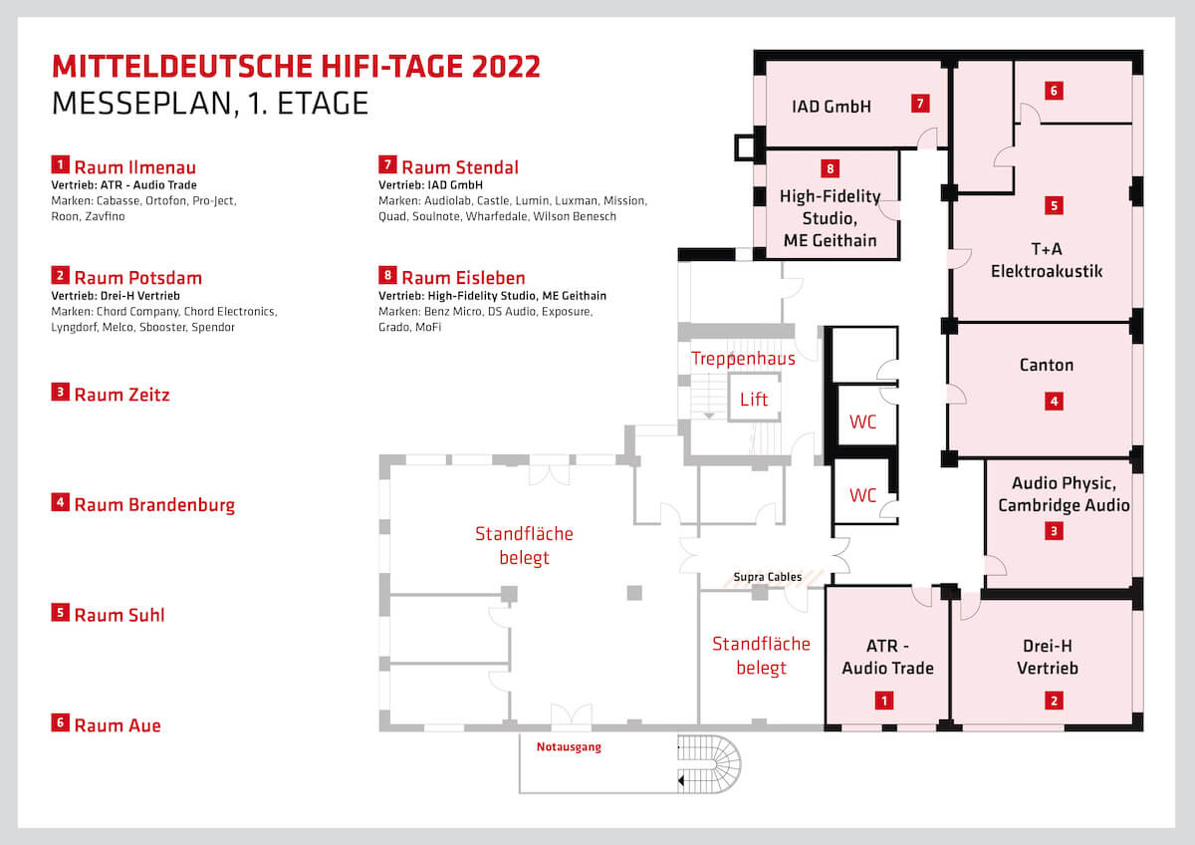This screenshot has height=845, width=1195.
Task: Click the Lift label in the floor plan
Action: pos(753,399)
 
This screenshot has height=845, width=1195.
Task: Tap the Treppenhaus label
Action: pos(743,359)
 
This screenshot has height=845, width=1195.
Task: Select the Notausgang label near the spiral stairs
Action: pos(569,746)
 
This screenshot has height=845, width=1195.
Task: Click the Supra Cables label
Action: pos(767,577)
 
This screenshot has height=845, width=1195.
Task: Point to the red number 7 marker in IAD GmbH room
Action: pos(920,103)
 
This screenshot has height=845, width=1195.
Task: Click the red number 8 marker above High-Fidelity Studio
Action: pos(831,168)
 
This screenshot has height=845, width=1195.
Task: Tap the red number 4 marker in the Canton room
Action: pos(1054,401)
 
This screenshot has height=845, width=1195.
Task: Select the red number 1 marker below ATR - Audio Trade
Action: pos(884,701)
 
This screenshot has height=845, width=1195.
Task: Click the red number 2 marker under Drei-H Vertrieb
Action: pos(1054,701)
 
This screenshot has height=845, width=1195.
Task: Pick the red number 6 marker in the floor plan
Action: pos(1054,91)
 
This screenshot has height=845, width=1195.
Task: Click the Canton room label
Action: pos(1047,365)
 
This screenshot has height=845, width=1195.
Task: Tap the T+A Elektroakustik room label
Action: pos(1047,260)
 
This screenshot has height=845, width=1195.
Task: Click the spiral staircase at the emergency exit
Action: pos(709,764)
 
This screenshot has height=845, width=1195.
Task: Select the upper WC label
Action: pos(862,422)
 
